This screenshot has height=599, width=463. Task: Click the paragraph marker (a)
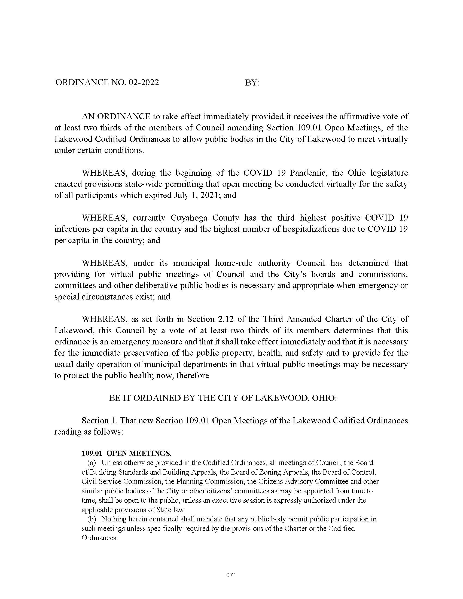tap(92, 463)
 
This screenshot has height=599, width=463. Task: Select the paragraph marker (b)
tap(92, 519)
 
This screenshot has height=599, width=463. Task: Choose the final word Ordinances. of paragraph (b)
tap(100, 537)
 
